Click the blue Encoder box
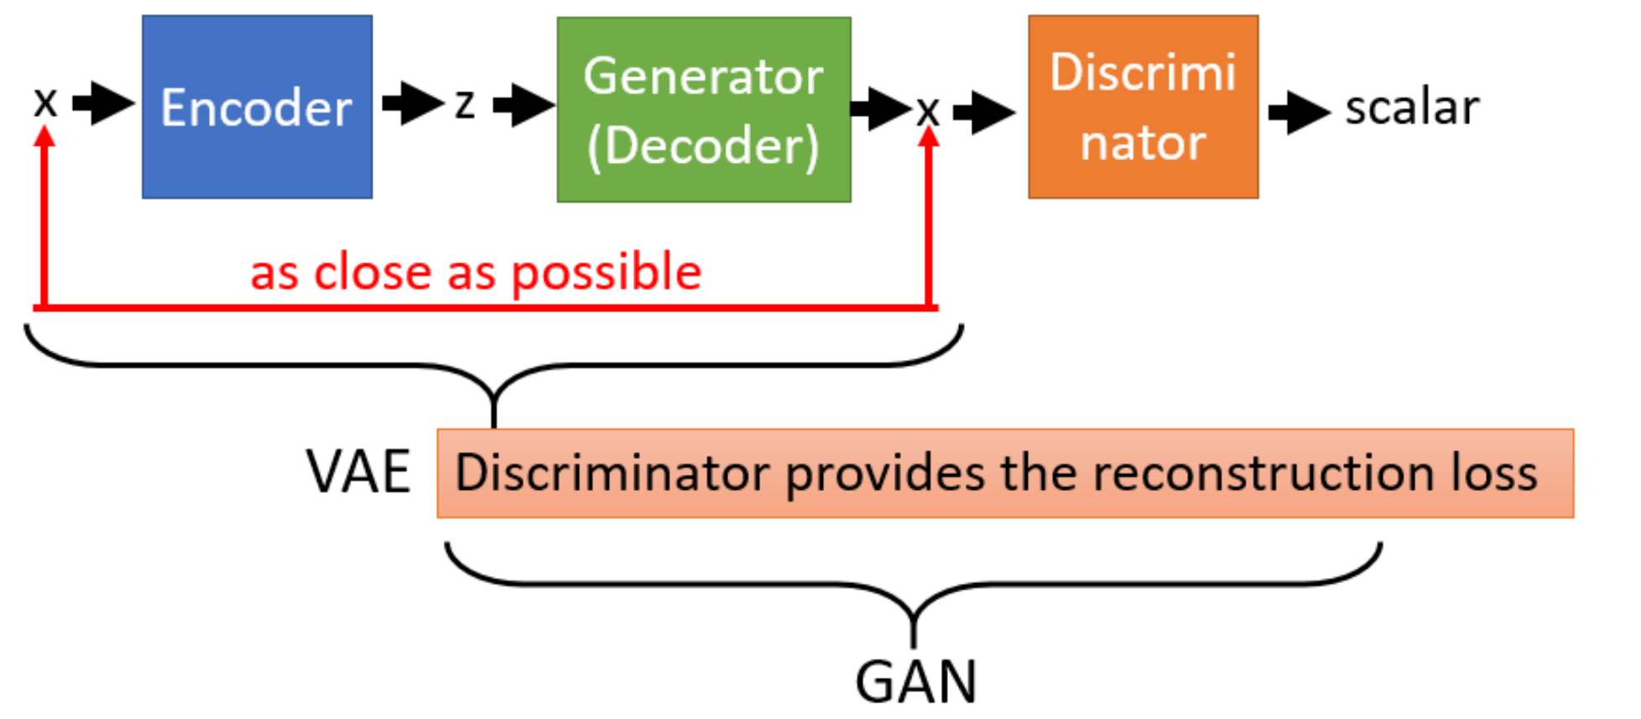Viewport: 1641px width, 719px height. tap(257, 107)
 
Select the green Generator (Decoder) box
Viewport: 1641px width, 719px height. tap(703, 109)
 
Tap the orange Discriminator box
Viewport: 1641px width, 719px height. tap(1143, 107)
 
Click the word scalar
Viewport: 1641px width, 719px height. tap(1412, 108)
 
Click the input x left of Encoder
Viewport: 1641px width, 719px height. tap(45, 103)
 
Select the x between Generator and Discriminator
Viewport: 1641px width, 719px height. tap(928, 111)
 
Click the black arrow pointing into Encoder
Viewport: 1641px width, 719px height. tap(104, 103)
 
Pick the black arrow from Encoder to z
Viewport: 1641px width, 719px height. tap(413, 103)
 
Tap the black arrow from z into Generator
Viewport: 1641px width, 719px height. tap(524, 105)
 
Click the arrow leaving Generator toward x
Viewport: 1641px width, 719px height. tap(881, 108)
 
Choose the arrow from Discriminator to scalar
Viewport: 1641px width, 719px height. tap(1299, 111)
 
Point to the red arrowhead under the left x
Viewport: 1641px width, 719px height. tap(45, 136)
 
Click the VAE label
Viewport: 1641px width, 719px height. tap(358, 472)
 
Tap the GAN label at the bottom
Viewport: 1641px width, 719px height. tap(915, 681)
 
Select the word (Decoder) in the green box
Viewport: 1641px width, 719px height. tap(703, 147)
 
